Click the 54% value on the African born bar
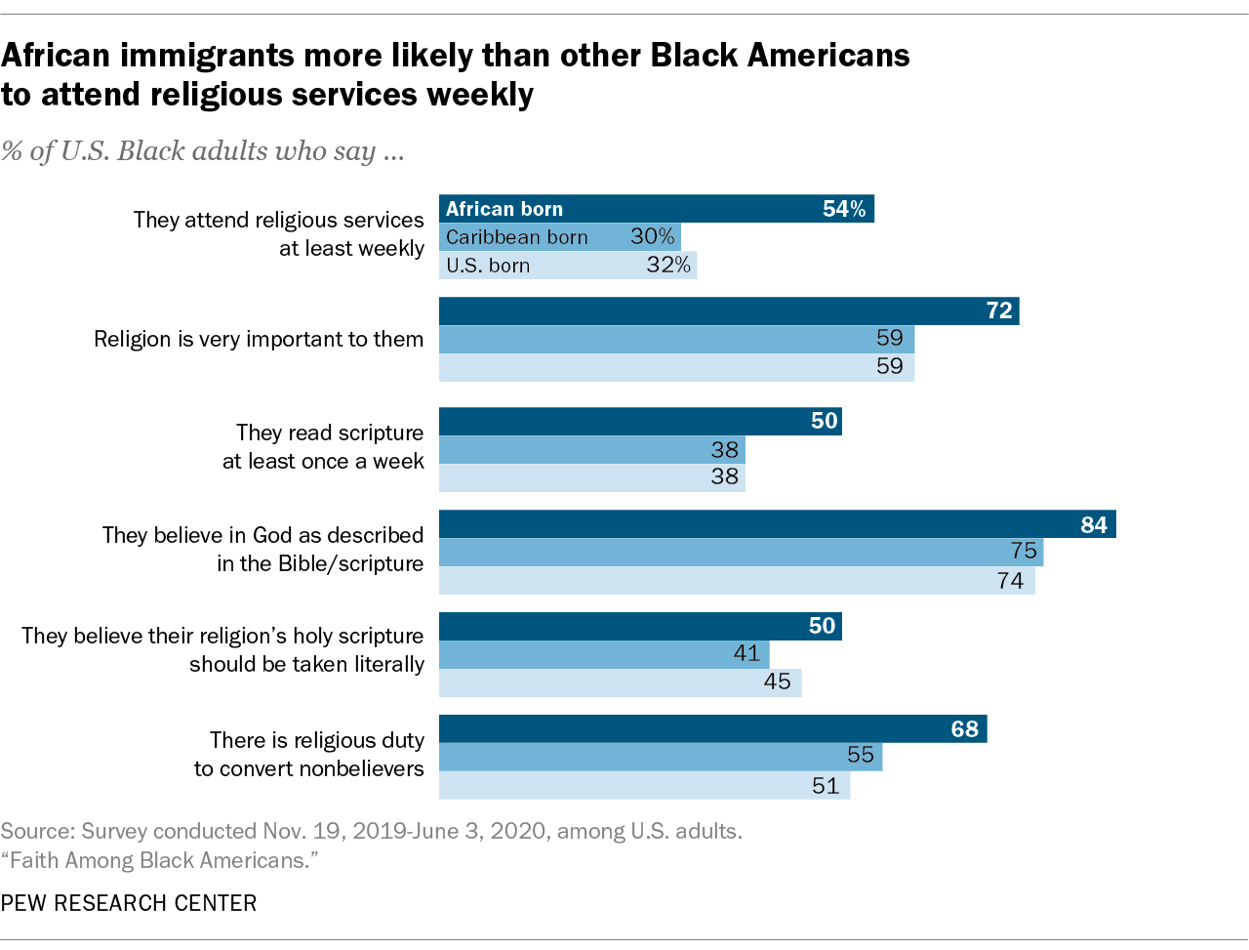(843, 209)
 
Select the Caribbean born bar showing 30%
(559, 237)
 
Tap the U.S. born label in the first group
(488, 266)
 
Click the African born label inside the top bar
(504, 209)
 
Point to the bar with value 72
(728, 311)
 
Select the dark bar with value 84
(777, 524)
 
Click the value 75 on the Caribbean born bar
(1023, 552)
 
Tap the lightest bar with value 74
(737, 581)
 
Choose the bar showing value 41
(603, 654)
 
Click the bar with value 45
(620, 682)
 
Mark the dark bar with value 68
(712, 729)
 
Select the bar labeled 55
(660, 757)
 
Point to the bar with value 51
(644, 785)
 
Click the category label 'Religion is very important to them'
(259, 340)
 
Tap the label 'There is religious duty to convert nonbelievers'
(309, 755)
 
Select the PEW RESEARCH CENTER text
(129, 903)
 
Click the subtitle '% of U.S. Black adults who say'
(203, 151)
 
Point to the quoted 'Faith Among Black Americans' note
(160, 861)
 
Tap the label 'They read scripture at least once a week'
(323, 447)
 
